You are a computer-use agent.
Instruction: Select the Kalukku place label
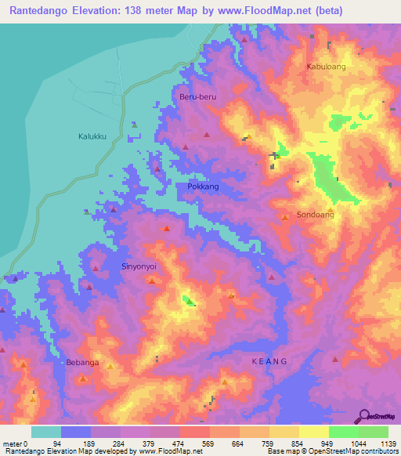click(x=92, y=136)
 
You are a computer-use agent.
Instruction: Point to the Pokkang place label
click(x=203, y=187)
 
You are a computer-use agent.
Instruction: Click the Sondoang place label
click(x=316, y=215)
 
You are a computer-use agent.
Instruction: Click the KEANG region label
click(x=270, y=361)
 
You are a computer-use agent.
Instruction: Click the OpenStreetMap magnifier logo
click(x=366, y=415)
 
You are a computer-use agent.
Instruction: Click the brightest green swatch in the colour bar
click(x=343, y=431)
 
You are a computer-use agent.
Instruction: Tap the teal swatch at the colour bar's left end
click(x=46, y=431)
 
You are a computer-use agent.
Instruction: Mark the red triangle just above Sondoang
click(x=285, y=216)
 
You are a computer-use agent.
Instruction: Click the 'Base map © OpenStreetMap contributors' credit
click(x=331, y=451)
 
